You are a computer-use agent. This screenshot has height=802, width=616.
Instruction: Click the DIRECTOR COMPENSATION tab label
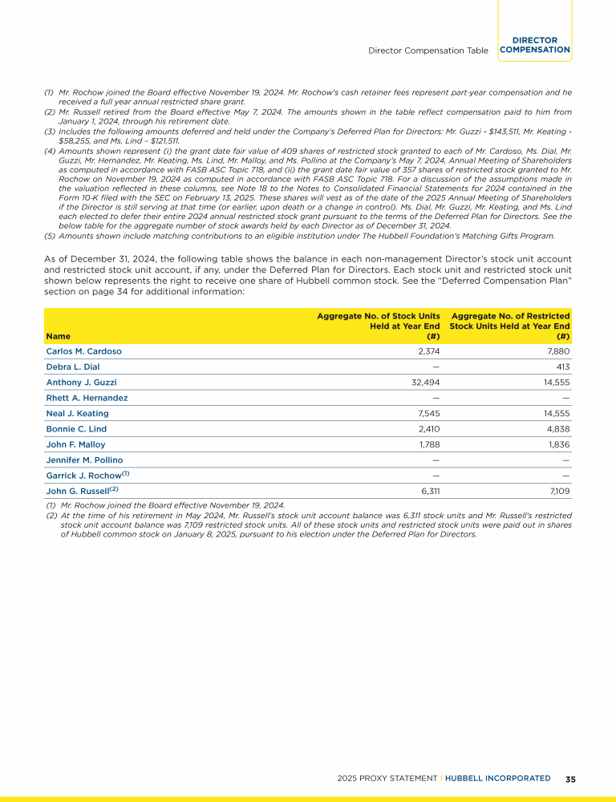pos(534,45)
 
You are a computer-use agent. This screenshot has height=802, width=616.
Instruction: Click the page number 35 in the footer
pos(570,779)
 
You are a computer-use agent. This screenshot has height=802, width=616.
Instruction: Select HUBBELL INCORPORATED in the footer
pos(498,779)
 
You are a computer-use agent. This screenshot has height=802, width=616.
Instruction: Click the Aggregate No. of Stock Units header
pos(378,326)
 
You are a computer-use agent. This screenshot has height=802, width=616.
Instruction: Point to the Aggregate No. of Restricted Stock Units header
pos(510,326)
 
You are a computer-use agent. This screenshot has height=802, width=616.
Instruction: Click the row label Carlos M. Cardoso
pos(84,351)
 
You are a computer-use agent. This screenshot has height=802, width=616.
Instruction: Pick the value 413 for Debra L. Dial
pos(561,367)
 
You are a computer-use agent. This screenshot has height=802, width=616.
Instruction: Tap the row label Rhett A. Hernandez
pos(87,398)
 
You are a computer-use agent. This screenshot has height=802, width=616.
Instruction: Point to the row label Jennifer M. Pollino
pos(84,460)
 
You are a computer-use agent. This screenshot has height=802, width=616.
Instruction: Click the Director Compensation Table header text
pos(428,51)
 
